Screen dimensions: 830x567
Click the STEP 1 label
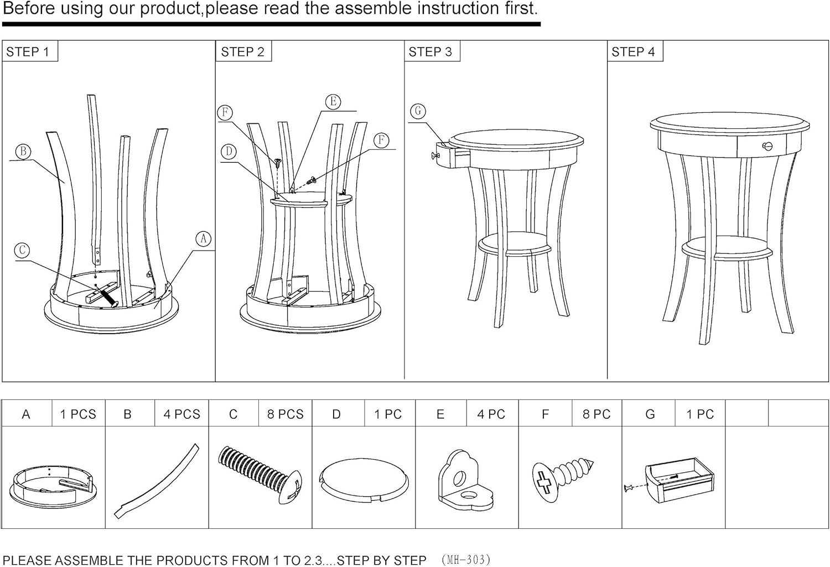pyautogui.click(x=28, y=52)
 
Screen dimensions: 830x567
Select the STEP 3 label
pyautogui.click(x=430, y=52)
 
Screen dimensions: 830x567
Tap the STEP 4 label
pyautogui.click(x=633, y=52)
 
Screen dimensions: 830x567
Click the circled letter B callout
pyautogui.click(x=23, y=152)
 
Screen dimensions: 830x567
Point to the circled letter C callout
pyautogui.click(x=22, y=251)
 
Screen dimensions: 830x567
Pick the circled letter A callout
pyautogui.click(x=204, y=239)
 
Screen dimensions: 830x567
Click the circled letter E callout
pyautogui.click(x=333, y=101)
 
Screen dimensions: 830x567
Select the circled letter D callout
pyautogui.click(x=229, y=152)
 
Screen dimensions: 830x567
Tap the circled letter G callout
pyautogui.click(x=418, y=111)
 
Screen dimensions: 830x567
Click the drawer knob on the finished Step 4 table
pyautogui.click(x=767, y=146)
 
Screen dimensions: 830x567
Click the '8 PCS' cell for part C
pyautogui.click(x=286, y=414)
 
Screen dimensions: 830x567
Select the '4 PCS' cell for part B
pyautogui.click(x=181, y=414)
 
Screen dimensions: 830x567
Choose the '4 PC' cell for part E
pyautogui.click(x=491, y=414)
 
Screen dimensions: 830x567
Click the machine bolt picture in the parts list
pyautogui.click(x=260, y=475)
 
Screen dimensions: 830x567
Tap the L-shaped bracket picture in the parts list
pyautogui.click(x=466, y=480)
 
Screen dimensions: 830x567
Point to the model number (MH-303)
pyautogui.click(x=466, y=560)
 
